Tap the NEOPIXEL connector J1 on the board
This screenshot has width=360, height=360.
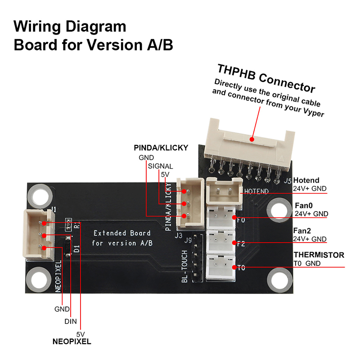(x=36, y=235)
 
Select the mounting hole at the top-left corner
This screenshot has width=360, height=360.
(x=38, y=197)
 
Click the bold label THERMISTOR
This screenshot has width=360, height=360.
(x=319, y=255)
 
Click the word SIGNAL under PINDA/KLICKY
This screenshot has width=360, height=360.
(x=161, y=166)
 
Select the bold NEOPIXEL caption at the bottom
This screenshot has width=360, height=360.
(x=72, y=342)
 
